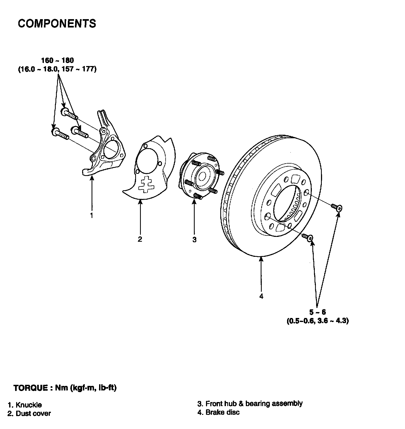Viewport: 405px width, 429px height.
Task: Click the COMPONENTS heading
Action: pyautogui.click(x=57, y=24)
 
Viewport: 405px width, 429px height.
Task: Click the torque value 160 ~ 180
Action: pyautogui.click(x=57, y=60)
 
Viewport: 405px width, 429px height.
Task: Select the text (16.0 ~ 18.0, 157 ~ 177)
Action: pyautogui.click(x=57, y=69)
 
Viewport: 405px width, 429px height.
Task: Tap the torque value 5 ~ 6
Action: pyautogui.click(x=317, y=312)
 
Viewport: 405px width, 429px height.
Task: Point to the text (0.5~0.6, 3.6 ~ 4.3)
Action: pyautogui.click(x=318, y=321)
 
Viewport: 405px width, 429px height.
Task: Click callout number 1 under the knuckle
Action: pyautogui.click(x=92, y=215)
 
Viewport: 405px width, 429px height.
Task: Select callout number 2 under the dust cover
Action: pyautogui.click(x=140, y=239)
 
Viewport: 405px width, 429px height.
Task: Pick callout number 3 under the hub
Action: pyautogui.click(x=194, y=239)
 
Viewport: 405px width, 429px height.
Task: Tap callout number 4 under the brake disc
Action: pyautogui.click(x=261, y=296)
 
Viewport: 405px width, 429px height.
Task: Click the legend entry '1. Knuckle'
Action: pyautogui.click(x=25, y=405)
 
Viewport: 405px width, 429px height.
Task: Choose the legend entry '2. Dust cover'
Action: pyautogui.click(x=29, y=413)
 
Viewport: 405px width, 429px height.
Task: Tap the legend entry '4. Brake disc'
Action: pyautogui.click(x=218, y=412)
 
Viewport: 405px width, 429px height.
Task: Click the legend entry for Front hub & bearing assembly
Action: pyautogui.click(x=250, y=404)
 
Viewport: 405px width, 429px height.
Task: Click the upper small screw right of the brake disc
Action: pyautogui.click(x=337, y=207)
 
